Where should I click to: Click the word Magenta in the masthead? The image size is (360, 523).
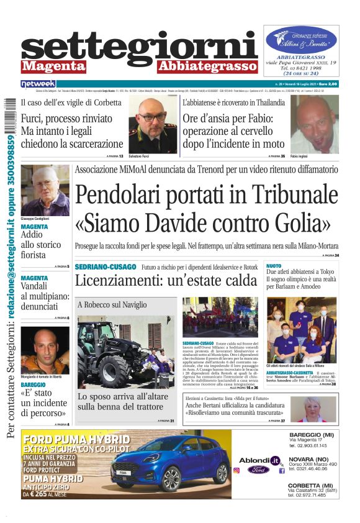click(53, 66)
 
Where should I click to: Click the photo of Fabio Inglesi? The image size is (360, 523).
click(314, 124)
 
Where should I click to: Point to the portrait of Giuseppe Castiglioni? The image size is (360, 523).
click(45, 190)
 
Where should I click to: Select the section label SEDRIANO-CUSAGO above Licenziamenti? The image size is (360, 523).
click(105, 266)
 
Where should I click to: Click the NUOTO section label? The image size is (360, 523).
click(273, 265)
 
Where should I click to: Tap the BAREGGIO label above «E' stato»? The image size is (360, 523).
click(33, 385)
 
